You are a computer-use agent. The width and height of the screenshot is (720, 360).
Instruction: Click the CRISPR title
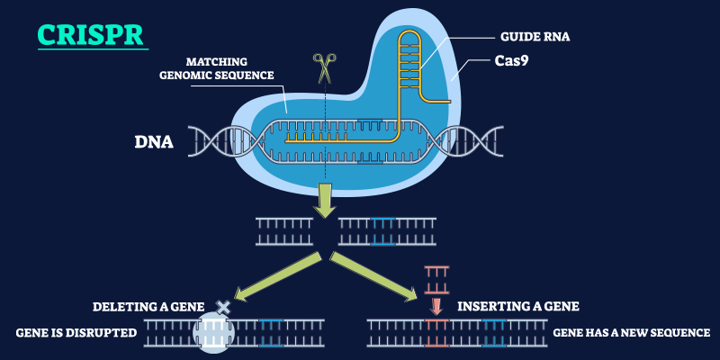[x=91, y=36]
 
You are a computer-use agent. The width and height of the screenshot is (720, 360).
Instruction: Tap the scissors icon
[x=323, y=68]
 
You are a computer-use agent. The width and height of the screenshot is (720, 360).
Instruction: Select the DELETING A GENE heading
[x=148, y=306]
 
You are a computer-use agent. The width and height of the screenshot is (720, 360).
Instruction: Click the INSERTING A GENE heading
[x=517, y=306]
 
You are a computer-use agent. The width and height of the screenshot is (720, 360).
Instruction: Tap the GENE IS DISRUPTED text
[x=76, y=333]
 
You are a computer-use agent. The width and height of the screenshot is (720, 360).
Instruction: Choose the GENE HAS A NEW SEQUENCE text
[x=631, y=333]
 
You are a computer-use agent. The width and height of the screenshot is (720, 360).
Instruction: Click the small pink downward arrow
[x=436, y=305]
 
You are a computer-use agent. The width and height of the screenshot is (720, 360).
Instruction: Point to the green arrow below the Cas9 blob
[x=323, y=201]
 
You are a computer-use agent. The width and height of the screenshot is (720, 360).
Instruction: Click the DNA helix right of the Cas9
[x=467, y=142]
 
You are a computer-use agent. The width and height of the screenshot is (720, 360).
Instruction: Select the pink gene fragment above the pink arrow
[x=436, y=275]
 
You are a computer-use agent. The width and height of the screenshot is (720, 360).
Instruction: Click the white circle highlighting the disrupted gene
[x=214, y=333]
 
